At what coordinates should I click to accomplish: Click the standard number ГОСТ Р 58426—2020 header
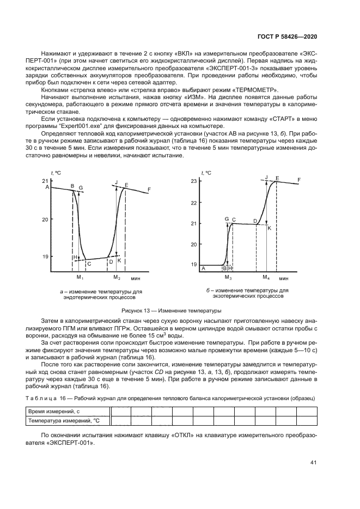[286, 36]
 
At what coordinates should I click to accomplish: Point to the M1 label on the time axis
[79, 278]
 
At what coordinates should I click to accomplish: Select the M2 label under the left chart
[117, 278]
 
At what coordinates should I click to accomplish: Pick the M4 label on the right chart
[266, 278]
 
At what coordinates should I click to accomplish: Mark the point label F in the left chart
[149, 189]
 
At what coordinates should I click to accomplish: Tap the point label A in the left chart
[47, 187]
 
